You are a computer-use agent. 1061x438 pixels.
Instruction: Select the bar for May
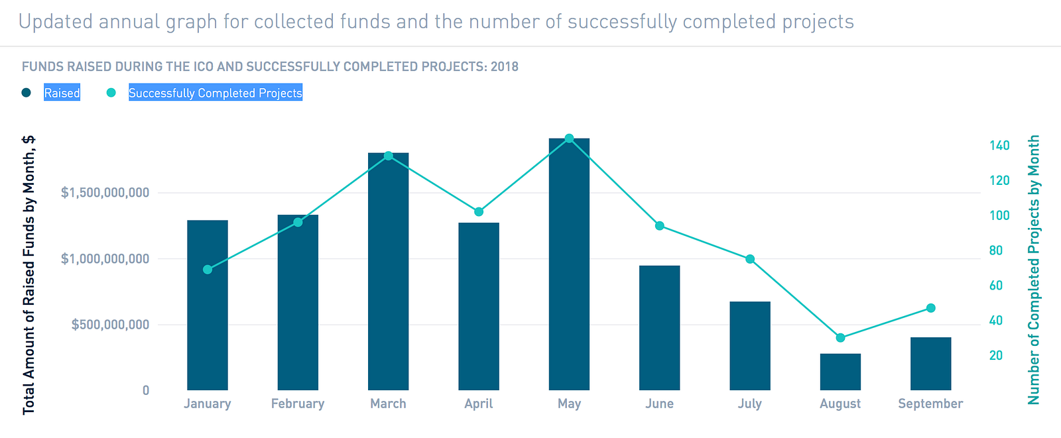569,265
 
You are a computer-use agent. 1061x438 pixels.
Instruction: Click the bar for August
840,372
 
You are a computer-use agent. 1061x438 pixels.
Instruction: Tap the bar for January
208,305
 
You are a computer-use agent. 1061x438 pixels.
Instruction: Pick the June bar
659,328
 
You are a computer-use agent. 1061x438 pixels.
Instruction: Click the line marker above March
389,156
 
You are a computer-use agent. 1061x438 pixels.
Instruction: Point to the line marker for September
930,308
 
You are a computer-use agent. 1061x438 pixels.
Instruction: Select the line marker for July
750,259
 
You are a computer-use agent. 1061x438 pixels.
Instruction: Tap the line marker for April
479,212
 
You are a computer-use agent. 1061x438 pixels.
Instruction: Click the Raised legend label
62,93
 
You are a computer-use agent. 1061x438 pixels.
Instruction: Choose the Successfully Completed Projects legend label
215,93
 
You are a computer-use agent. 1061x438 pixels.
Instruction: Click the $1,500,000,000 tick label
105,193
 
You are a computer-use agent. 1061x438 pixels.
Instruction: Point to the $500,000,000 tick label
110,325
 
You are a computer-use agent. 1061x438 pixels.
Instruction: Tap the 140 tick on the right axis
999,146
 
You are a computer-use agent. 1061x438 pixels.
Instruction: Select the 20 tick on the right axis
996,356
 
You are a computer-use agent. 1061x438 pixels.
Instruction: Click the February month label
298,404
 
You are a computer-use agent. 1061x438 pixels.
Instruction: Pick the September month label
930,404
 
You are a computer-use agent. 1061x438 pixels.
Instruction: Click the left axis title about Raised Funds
29,275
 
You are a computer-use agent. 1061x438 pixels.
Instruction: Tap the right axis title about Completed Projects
1034,270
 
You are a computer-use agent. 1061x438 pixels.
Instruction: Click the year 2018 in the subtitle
505,67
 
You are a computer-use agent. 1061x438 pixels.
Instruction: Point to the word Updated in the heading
56,22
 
